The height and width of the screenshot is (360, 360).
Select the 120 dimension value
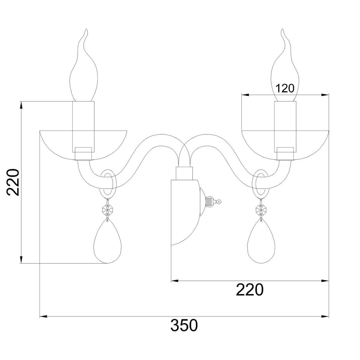coord(285,88)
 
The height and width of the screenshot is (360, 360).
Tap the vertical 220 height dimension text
coord(13,182)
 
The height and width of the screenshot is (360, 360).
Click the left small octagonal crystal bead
coord(107,209)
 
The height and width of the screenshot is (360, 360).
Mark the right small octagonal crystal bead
coord(261,209)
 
